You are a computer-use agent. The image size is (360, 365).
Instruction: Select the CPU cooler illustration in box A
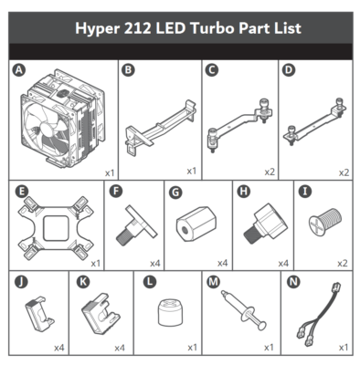[x=62, y=120]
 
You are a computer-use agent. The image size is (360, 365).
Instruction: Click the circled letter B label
[x=129, y=69]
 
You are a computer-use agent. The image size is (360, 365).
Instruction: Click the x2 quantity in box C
[x=269, y=171]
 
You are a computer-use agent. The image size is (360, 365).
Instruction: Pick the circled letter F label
[x=117, y=192]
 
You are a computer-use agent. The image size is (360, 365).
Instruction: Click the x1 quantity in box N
[x=343, y=347]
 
